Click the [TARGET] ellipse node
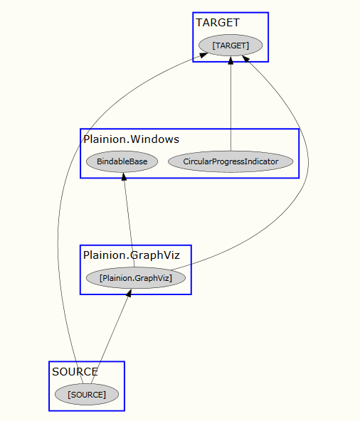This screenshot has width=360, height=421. (x=231, y=46)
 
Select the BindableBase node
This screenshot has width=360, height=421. (x=122, y=161)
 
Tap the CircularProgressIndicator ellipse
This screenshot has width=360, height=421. (x=231, y=161)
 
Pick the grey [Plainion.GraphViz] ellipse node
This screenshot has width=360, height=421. (x=136, y=278)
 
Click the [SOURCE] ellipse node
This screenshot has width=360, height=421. (x=87, y=395)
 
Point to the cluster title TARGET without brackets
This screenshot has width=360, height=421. (x=218, y=23)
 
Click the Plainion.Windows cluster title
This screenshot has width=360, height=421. (x=132, y=139)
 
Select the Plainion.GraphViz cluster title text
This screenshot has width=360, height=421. (x=132, y=255)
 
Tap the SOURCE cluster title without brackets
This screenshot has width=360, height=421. (x=75, y=372)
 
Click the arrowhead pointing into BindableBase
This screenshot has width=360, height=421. (x=124, y=176)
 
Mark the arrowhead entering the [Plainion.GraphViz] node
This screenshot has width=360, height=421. (x=129, y=293)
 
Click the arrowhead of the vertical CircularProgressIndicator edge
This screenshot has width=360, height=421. (x=231, y=60)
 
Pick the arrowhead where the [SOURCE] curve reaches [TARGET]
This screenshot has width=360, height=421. (x=203, y=55)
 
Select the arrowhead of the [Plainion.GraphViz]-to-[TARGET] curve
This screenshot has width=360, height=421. (x=246, y=59)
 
